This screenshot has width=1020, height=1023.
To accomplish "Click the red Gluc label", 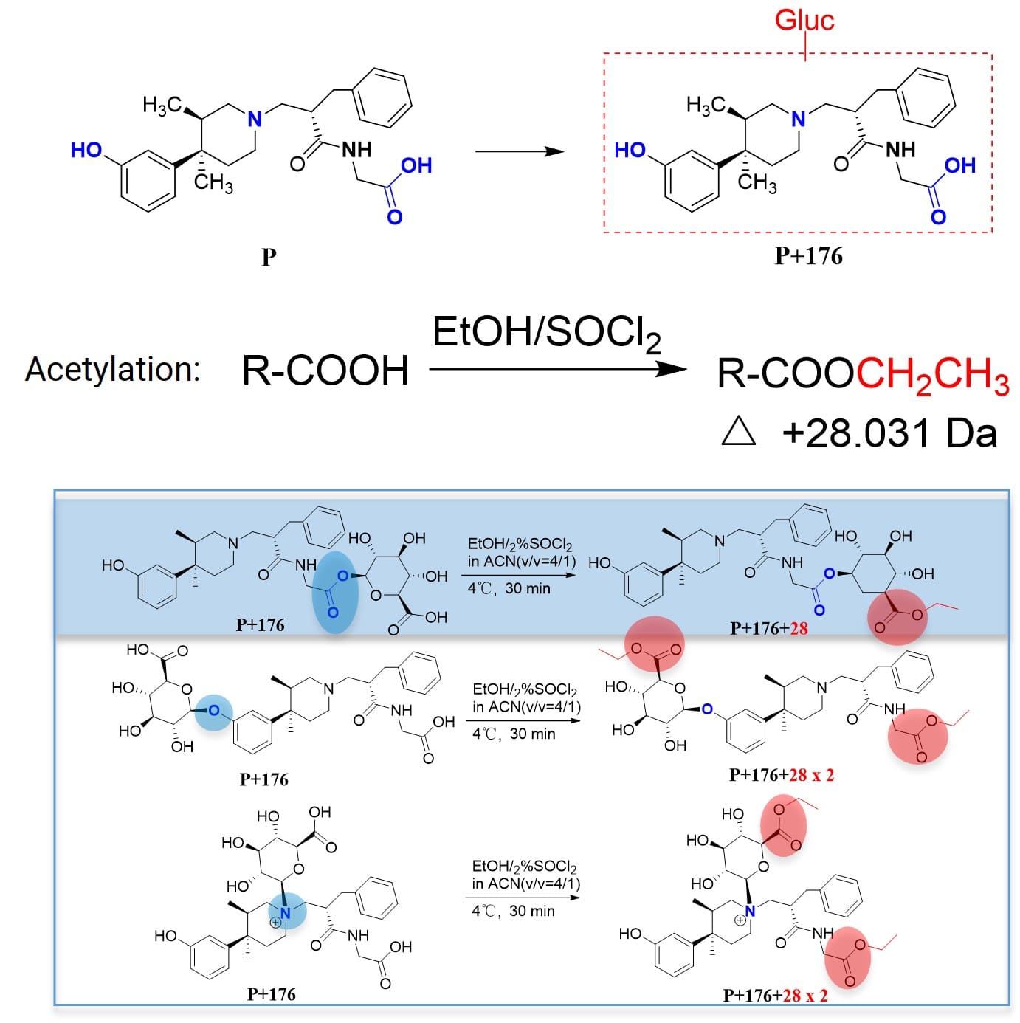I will pos(804,19).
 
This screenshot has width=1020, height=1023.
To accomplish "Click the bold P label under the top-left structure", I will pos(269,257).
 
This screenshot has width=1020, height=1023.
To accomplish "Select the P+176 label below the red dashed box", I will pos(808,256).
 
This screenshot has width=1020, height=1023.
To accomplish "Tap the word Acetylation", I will pos(113,369).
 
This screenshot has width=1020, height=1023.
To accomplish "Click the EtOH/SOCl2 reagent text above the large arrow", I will pos(545,334).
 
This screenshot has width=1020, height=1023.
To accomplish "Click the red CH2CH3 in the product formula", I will pos(933,375).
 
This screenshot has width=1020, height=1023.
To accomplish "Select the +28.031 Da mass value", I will pos(889,433).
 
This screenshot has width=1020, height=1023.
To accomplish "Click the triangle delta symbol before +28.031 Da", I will pos(738,431).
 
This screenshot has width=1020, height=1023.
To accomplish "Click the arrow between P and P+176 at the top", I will pos(519,151).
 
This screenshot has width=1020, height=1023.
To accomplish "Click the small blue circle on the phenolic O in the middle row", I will pos(213,710).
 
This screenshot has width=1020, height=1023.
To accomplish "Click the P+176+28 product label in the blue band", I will pos(768,628).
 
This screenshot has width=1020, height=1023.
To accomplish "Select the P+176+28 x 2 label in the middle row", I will pos(781,774).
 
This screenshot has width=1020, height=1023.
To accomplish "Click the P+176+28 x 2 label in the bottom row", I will pos(775,995).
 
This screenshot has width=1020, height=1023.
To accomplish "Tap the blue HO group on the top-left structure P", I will pos(86,150).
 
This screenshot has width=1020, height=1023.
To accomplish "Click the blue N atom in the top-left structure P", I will pos(255,119).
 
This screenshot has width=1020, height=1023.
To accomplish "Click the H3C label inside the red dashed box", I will pos(705,106).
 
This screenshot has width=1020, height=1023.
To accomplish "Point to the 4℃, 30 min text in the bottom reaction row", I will pos(513,911).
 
